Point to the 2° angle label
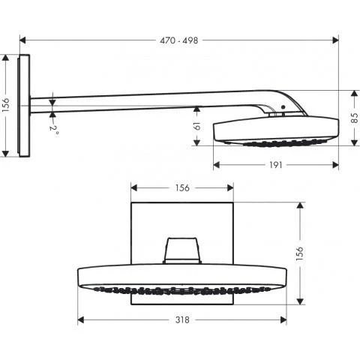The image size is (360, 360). (x=55, y=128)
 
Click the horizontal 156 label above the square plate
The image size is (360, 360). (x=182, y=187)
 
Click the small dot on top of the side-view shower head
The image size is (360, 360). (x=283, y=108)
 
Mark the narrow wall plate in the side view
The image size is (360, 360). (x=25, y=105)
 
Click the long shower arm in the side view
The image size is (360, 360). (x=150, y=100)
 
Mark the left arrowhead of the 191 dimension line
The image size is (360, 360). (x=215, y=165)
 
